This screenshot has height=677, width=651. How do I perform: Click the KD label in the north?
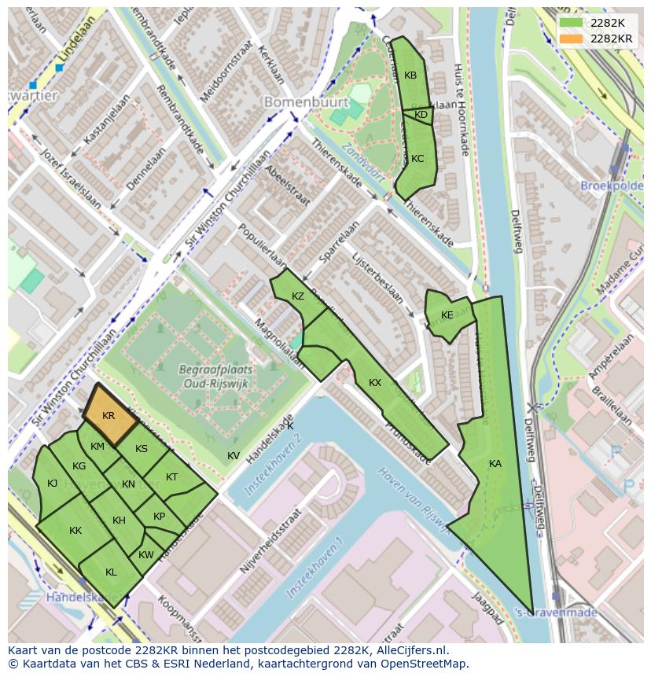click(x=421, y=115)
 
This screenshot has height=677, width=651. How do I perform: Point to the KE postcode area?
click(x=447, y=315)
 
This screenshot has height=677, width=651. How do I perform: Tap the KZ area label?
click(x=297, y=296)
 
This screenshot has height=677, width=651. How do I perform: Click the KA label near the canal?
click(x=495, y=464)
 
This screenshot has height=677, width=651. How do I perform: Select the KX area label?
click(x=375, y=383)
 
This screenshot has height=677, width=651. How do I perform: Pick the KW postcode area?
click(x=146, y=555)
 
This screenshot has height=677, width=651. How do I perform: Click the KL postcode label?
click(x=111, y=572)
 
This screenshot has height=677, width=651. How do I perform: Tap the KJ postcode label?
click(x=52, y=484)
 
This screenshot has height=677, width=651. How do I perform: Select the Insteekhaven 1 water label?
click(x=314, y=567)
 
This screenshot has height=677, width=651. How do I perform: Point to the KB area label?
click(x=410, y=75)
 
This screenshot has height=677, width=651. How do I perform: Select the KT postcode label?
click(x=171, y=477)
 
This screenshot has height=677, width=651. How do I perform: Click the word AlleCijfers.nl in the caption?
click(x=409, y=650)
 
